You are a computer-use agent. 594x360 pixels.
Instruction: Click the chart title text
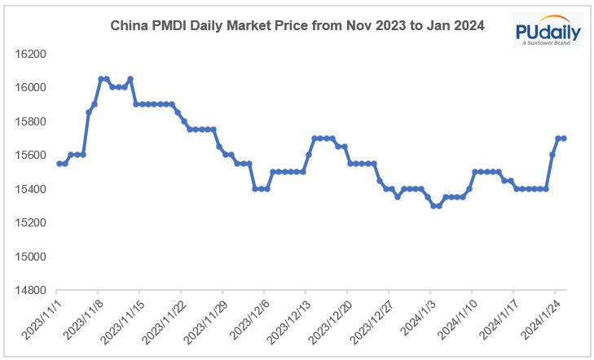tap(297, 26)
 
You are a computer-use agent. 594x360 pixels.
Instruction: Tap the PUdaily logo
tap(548, 31)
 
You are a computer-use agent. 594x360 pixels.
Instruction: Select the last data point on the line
tap(564, 138)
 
